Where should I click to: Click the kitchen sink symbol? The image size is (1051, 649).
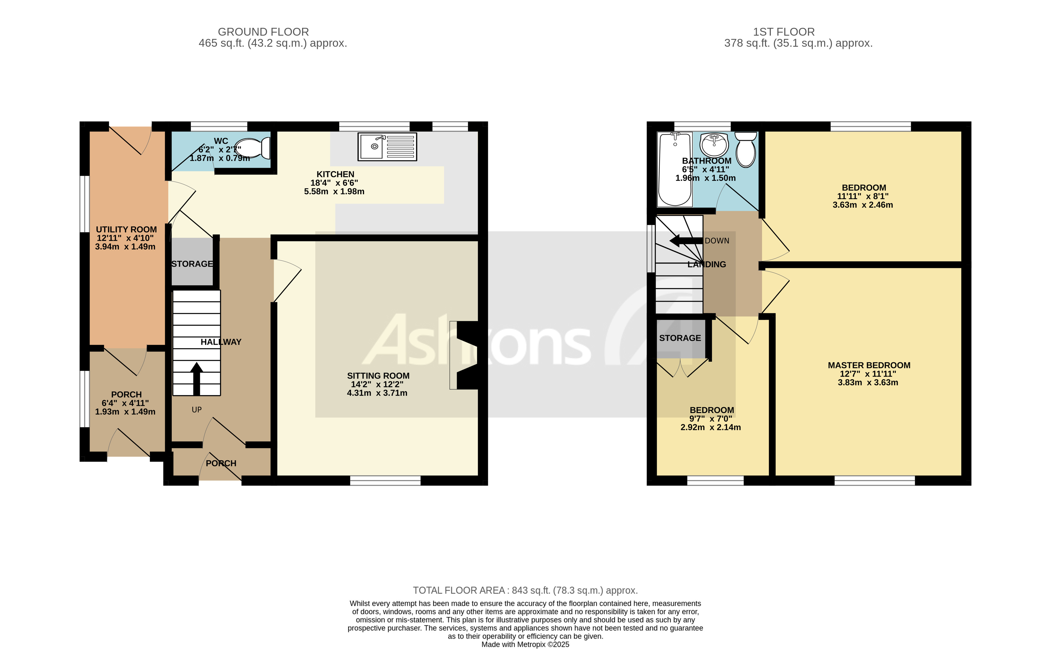pyautogui.click(x=387, y=147)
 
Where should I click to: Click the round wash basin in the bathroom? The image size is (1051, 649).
pyautogui.click(x=714, y=145)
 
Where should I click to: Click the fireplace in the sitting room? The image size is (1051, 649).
pyautogui.click(x=466, y=355)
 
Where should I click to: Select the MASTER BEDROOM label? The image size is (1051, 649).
pyautogui.click(x=868, y=365)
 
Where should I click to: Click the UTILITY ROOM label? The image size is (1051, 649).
pyautogui.click(x=126, y=230)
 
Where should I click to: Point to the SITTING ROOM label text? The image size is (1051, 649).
pyautogui.click(x=378, y=376)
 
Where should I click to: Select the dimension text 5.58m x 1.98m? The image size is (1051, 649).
pyautogui.click(x=334, y=191)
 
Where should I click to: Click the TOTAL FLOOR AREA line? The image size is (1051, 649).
pyautogui.click(x=525, y=590)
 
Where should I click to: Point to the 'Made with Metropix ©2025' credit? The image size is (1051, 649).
pyautogui.click(x=525, y=644)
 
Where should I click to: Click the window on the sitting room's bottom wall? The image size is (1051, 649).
pyautogui.click(x=385, y=481)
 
